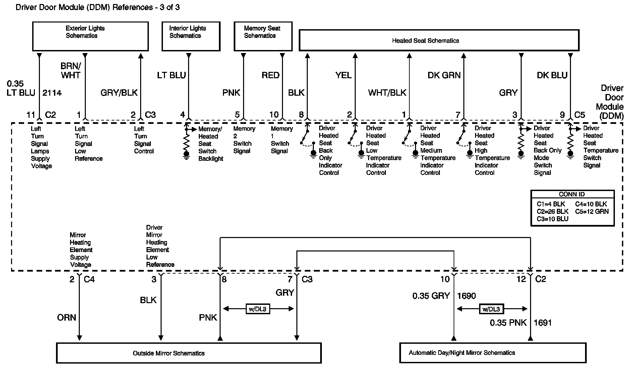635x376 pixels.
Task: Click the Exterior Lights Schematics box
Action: pyautogui.click(x=90, y=36)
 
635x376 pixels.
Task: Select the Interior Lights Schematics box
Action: pyautogui.click(x=191, y=36)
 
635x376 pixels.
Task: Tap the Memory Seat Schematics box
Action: pyautogui.click(x=263, y=36)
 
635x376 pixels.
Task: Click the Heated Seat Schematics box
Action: pyautogui.click(x=439, y=41)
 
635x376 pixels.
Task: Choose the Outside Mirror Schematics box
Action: pyautogui.click(x=189, y=353)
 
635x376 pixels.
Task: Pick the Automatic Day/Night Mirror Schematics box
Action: pyautogui.click(x=493, y=353)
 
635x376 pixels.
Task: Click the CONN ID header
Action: pyautogui.click(x=572, y=194)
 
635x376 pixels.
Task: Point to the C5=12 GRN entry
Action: pyautogui.click(x=592, y=211)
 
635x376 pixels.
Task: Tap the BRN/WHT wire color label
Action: pyautogui.click(x=71, y=70)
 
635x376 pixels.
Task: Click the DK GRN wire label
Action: pyautogui.click(x=444, y=75)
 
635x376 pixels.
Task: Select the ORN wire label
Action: pyautogui.click(x=67, y=318)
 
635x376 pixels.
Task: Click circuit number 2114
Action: pyautogui.click(x=52, y=93)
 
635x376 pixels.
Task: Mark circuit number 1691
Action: pyautogui.click(x=542, y=323)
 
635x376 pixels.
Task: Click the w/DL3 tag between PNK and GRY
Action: pyautogui.click(x=258, y=309)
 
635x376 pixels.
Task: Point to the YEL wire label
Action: pyautogui.click(x=343, y=75)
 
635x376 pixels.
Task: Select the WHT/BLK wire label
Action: pyautogui.click(x=387, y=93)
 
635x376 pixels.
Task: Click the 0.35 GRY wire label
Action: pyautogui.click(x=431, y=296)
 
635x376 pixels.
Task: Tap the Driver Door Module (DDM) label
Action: pyautogui.click(x=610, y=102)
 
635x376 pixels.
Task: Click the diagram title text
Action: pyautogui.click(x=98, y=7)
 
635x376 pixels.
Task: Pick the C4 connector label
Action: pyautogui.click(x=89, y=279)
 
